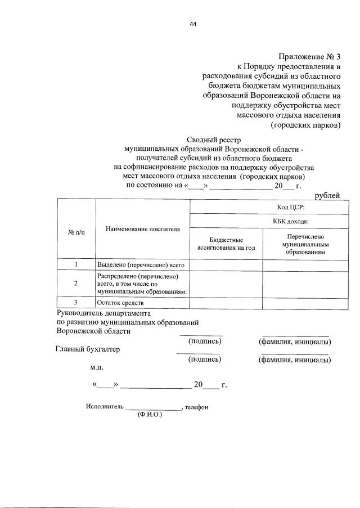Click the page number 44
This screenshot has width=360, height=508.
[x=193, y=24]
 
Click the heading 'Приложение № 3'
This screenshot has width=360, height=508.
[x=309, y=57]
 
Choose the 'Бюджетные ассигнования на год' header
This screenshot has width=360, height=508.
[x=226, y=244]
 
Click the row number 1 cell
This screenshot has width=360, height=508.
[x=76, y=264]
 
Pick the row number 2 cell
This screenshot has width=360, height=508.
[x=76, y=284]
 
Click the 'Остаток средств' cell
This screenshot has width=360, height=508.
[x=121, y=303]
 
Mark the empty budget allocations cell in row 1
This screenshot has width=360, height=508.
[x=226, y=264]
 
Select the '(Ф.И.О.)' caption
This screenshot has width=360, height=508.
[x=149, y=415]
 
